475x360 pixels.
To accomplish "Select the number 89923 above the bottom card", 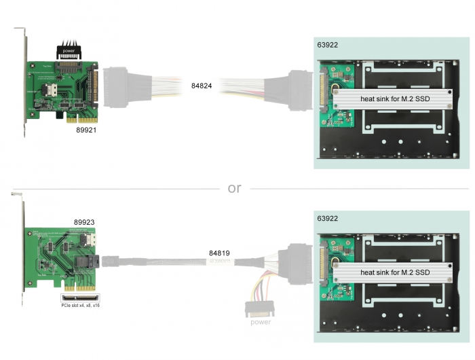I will tap(84, 222).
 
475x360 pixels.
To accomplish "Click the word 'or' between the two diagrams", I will tap(234, 188).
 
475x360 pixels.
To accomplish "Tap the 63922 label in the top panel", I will tap(328, 46).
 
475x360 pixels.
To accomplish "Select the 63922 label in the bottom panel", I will tap(328, 219).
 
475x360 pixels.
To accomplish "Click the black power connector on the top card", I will tap(69, 50).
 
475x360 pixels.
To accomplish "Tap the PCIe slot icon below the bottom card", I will tap(79, 297).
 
